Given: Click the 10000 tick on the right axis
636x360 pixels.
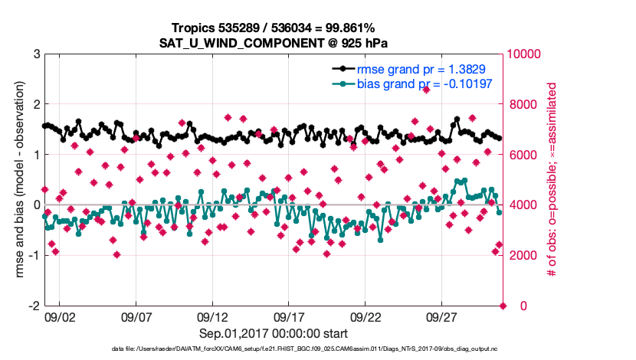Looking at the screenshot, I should coord(525,54).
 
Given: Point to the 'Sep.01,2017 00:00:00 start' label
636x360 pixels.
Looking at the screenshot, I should coord(274,334).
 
